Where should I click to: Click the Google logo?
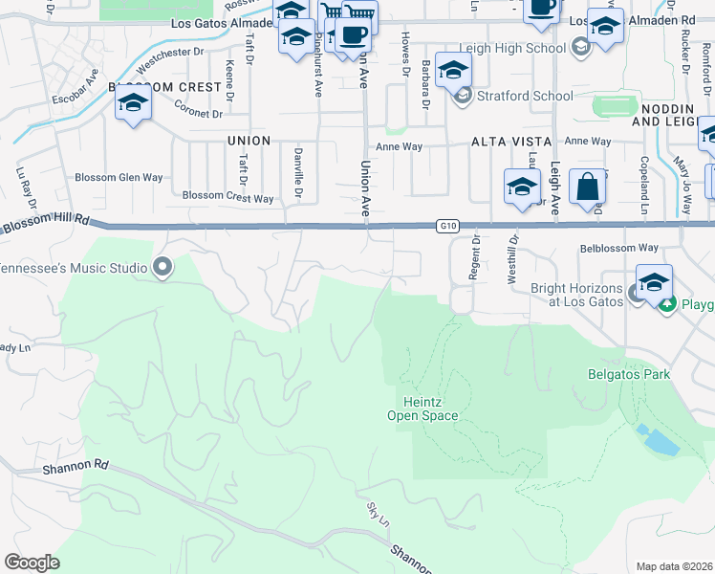(x=32, y=562)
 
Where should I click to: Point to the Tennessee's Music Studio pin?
(x=162, y=268)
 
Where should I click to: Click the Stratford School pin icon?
(x=464, y=96)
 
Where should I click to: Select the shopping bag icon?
(x=586, y=188)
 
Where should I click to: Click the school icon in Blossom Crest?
(x=133, y=103)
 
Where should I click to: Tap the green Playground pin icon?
(x=669, y=304)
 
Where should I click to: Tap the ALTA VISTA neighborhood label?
(x=505, y=142)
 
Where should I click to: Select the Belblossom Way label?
(x=619, y=248)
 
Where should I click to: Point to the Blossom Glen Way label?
(x=119, y=178)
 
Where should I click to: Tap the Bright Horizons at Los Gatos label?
(x=576, y=295)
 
